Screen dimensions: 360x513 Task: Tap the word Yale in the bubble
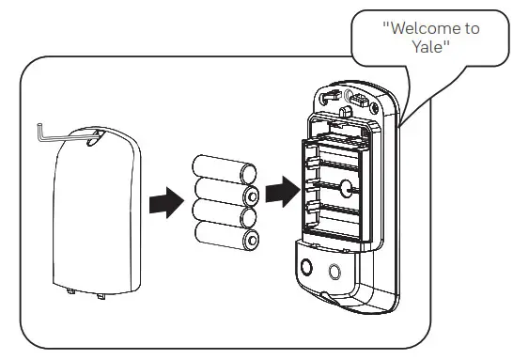point(431,46)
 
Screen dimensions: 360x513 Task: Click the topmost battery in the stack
point(225,172)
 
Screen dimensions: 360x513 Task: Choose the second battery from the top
point(225,196)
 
